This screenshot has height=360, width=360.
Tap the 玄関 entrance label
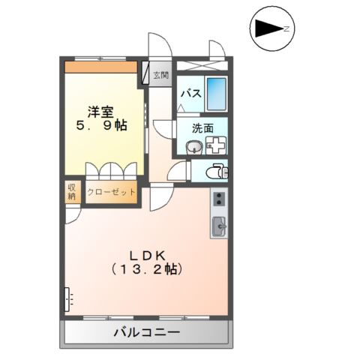[x=160, y=75]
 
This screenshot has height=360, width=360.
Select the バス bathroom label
[x=191, y=93]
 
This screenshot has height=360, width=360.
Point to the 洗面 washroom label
[x=202, y=128]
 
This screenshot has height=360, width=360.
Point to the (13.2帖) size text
[x=146, y=268]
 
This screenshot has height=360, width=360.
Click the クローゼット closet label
[x=112, y=192]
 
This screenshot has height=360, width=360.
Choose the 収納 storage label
[x=73, y=191]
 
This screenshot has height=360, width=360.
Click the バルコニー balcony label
[x=146, y=331]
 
